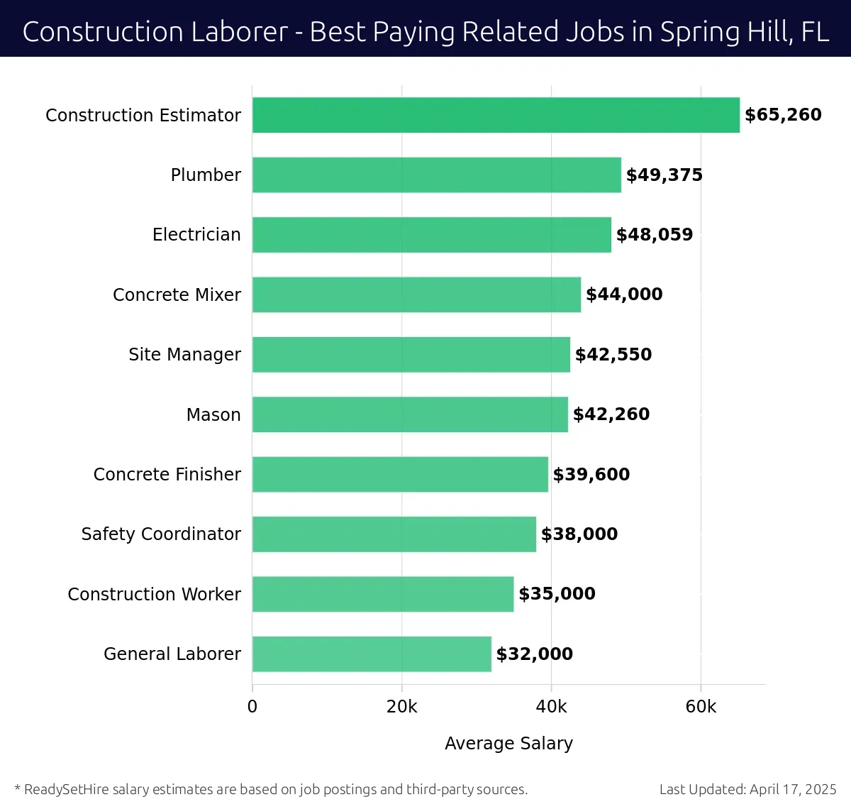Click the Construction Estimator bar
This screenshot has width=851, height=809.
click(496, 115)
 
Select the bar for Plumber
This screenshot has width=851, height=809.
click(436, 175)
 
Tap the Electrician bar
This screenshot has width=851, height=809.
click(431, 235)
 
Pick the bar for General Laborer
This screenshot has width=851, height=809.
click(372, 654)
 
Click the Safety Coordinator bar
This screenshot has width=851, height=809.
click(394, 534)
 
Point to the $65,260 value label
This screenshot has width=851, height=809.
click(783, 115)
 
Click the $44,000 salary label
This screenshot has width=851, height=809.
click(624, 295)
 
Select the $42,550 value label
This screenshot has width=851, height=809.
click(613, 354)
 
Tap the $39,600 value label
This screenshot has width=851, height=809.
click(591, 474)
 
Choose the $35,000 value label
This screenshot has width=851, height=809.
click(557, 594)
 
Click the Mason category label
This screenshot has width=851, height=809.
click(213, 414)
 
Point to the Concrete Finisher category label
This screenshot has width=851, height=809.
click(167, 474)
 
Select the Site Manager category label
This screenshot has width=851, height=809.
click(184, 354)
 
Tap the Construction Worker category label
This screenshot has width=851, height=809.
click(154, 594)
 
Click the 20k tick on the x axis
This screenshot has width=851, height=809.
click(402, 707)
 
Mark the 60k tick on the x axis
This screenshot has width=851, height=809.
click(701, 707)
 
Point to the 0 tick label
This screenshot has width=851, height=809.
click(252, 707)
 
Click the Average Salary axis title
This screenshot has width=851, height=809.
click(508, 743)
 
